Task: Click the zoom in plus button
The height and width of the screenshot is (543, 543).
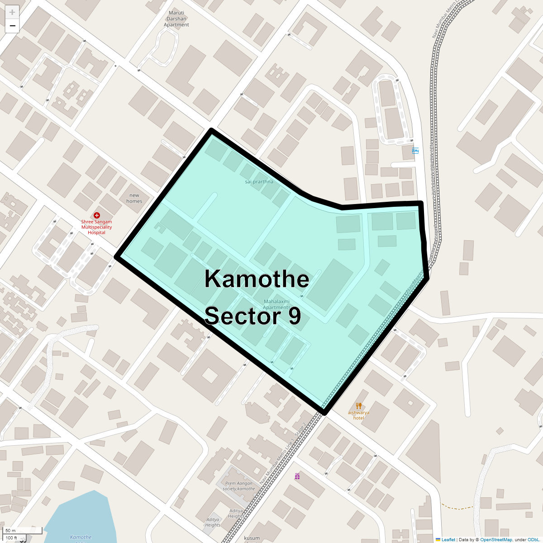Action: coord(12,12)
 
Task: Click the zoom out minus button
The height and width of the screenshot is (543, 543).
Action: coord(12,26)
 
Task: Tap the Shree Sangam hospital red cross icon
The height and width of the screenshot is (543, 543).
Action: coord(96,215)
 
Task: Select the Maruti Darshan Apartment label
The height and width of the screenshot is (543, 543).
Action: coord(176,19)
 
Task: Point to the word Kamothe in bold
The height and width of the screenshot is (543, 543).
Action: coord(257,279)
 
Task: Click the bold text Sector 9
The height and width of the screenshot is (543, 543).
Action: coord(252,315)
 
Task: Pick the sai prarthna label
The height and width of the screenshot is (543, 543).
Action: coord(259,181)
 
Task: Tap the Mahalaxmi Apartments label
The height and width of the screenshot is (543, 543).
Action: coord(276,304)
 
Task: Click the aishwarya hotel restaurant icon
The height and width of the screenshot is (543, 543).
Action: coord(359,405)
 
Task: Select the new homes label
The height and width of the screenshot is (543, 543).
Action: coord(134,198)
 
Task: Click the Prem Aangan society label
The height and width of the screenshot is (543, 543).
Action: coord(239,486)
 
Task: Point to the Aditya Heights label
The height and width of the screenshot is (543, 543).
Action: coord(236,513)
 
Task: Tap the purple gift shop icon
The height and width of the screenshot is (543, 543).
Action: coord(297,476)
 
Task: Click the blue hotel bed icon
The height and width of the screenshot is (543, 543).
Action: coord(415,151)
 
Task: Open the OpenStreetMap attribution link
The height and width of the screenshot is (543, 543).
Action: coord(496,539)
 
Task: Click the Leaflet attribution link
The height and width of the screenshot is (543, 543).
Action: coord(448,539)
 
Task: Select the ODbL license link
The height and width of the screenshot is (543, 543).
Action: coord(533,539)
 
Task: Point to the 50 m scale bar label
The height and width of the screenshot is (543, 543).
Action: coord(11,530)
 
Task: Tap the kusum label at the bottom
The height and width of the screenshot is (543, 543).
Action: coord(252,538)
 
